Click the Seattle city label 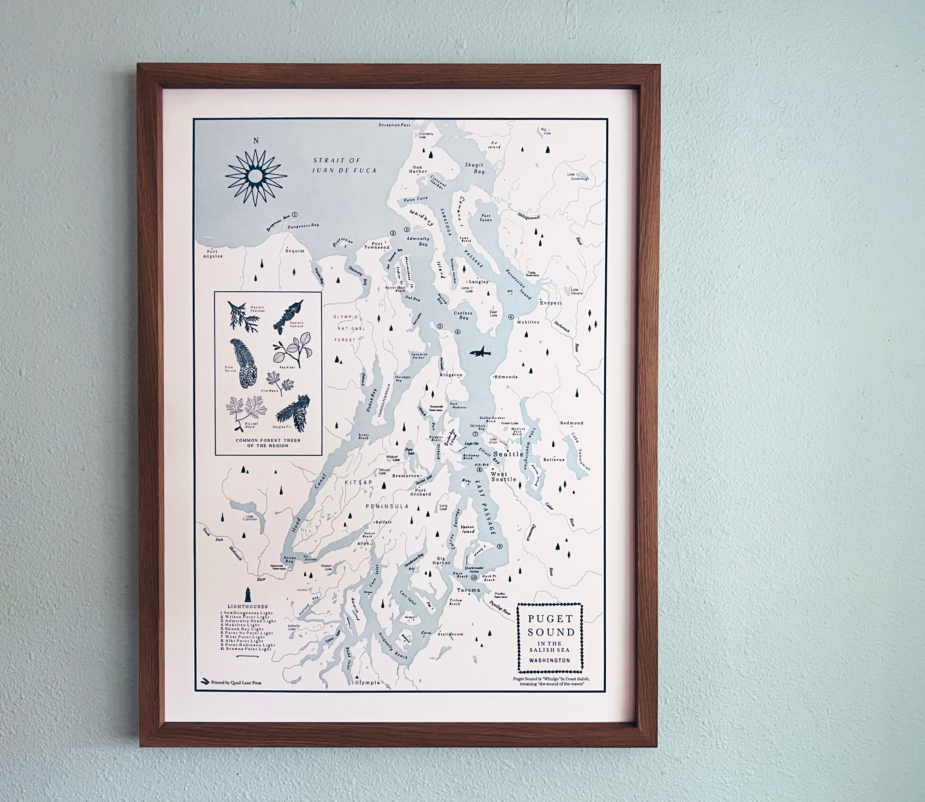click(x=508, y=454)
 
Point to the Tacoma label click(x=469, y=590)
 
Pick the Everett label click(x=550, y=303)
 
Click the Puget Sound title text click(x=550, y=626)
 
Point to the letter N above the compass click(x=256, y=141)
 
